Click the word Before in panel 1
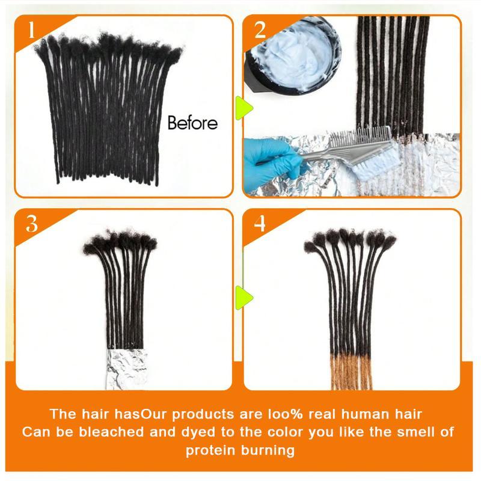pyautogui.click(x=192, y=124)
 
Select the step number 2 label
pyautogui.click(x=260, y=29)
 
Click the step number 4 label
pyautogui.click(x=260, y=223)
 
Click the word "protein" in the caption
pyautogui.click(x=210, y=450)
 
